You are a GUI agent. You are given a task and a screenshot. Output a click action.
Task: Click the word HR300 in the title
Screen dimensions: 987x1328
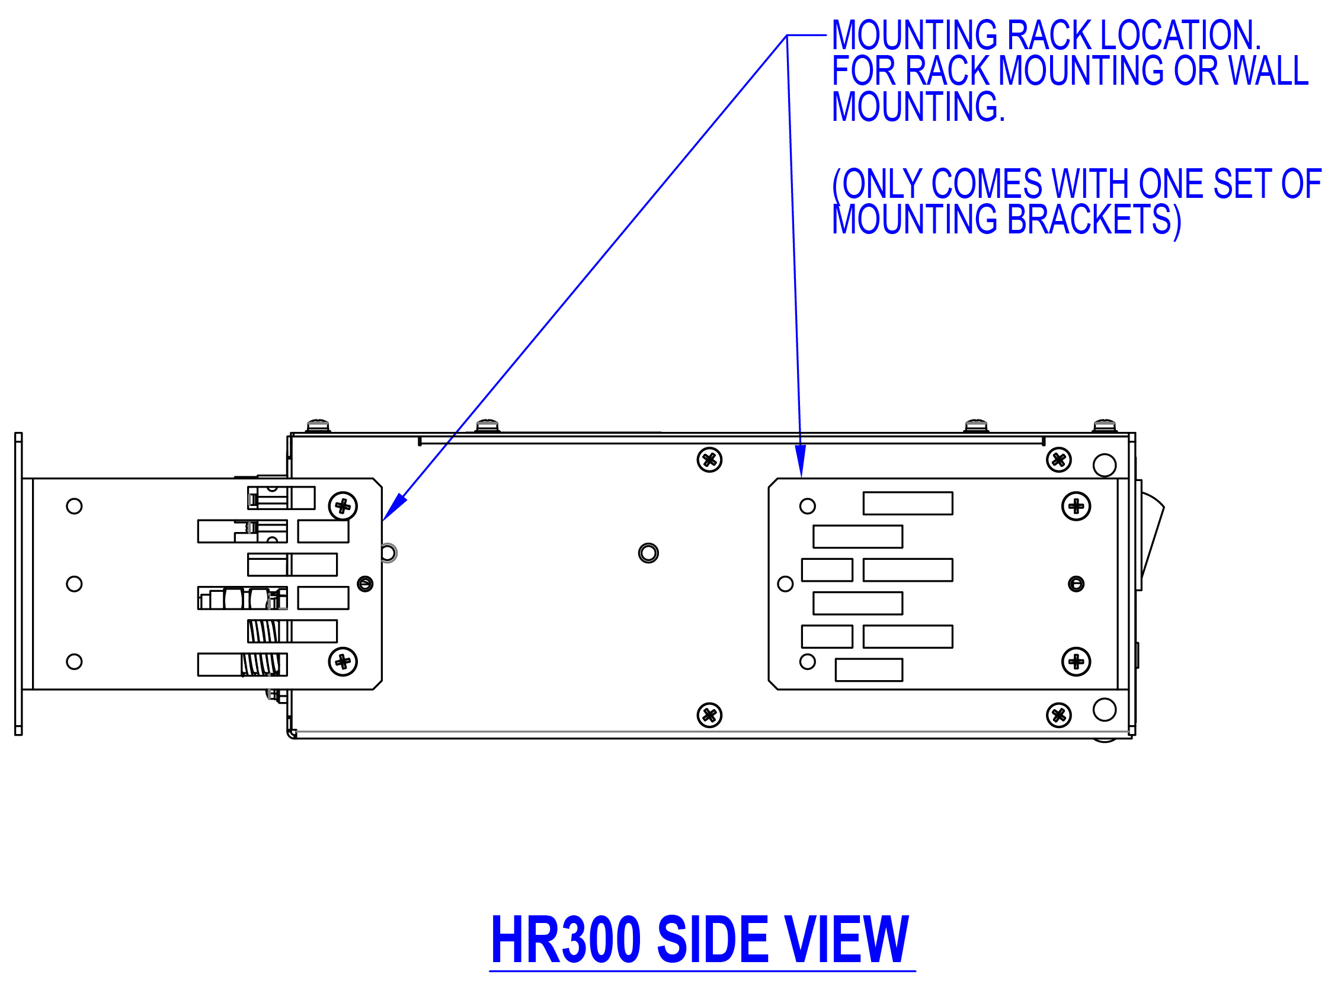click(565, 940)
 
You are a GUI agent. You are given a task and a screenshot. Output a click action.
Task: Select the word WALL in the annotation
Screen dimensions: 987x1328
click(1269, 71)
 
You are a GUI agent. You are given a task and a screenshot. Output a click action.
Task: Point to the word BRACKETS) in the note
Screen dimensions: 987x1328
click(1093, 220)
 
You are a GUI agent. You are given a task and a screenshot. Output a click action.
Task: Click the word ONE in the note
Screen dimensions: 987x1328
click(1172, 184)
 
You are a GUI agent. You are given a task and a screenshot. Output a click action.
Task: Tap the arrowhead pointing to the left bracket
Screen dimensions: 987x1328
click(395, 508)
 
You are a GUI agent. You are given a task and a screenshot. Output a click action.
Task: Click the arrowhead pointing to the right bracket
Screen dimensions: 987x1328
click(800, 462)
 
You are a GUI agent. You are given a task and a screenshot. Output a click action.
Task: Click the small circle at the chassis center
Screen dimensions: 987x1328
click(648, 553)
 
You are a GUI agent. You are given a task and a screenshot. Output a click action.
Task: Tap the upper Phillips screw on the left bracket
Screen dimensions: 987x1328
click(343, 507)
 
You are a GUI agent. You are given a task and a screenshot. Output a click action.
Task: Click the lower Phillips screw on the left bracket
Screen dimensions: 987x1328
click(343, 661)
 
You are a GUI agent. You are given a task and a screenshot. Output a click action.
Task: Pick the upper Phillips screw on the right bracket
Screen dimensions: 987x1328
click(1076, 507)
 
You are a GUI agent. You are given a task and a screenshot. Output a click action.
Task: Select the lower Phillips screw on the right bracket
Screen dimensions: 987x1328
click(1076, 661)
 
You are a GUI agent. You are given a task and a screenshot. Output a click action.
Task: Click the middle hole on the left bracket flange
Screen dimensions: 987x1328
click(74, 584)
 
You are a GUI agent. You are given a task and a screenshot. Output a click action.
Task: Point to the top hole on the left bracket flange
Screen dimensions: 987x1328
click(74, 506)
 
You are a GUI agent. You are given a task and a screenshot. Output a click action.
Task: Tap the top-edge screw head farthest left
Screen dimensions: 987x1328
click(318, 426)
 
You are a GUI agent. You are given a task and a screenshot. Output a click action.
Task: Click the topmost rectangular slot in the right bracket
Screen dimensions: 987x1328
click(908, 503)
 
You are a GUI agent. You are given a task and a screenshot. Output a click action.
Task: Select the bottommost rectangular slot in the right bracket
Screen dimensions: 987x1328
click(869, 669)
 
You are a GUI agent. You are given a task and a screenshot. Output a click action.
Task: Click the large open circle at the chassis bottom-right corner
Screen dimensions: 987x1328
click(1105, 710)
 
